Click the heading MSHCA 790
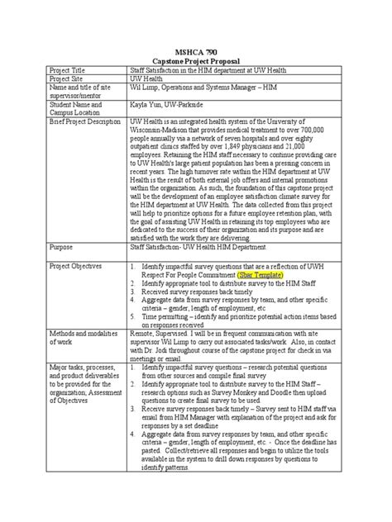click(x=195, y=51)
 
